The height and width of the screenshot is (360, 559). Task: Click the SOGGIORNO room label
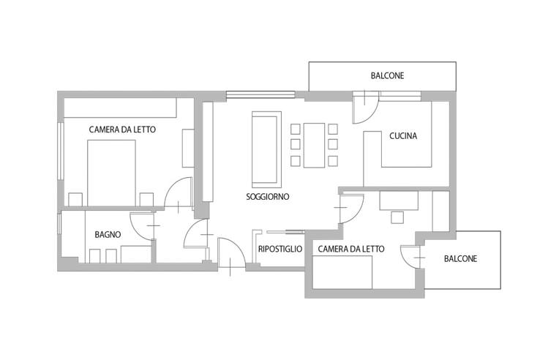coord(267,196)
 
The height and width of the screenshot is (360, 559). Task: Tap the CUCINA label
coord(403,136)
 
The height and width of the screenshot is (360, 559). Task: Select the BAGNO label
coord(108,235)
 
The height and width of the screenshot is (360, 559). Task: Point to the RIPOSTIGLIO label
coord(280,249)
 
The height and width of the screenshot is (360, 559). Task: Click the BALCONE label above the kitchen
coord(387,75)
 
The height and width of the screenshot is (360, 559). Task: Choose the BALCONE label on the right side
coord(460,258)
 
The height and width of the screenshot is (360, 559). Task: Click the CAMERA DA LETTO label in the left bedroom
coord(122,130)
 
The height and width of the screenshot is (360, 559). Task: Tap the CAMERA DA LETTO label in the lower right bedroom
coord(351,249)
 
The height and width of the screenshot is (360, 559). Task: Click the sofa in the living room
coord(266,150)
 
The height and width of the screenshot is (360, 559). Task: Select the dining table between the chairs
coord(314,145)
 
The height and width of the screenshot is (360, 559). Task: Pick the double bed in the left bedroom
coord(112,173)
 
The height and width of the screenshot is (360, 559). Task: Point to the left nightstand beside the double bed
coord(75,199)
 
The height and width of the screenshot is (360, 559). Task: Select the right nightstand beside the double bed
coord(146,199)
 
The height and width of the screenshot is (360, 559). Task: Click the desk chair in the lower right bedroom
coord(397,217)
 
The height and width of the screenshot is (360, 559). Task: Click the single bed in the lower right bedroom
coord(342,272)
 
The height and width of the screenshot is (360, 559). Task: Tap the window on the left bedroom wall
coord(61,151)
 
